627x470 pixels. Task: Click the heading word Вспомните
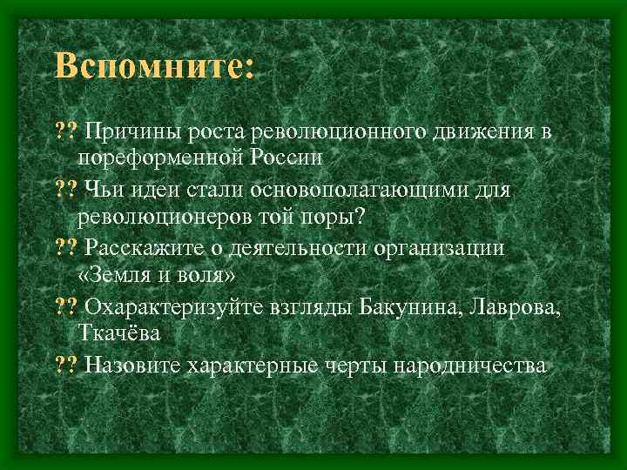(x=152, y=67)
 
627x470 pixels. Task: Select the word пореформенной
(x=163, y=158)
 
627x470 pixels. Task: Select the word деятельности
(x=294, y=247)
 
